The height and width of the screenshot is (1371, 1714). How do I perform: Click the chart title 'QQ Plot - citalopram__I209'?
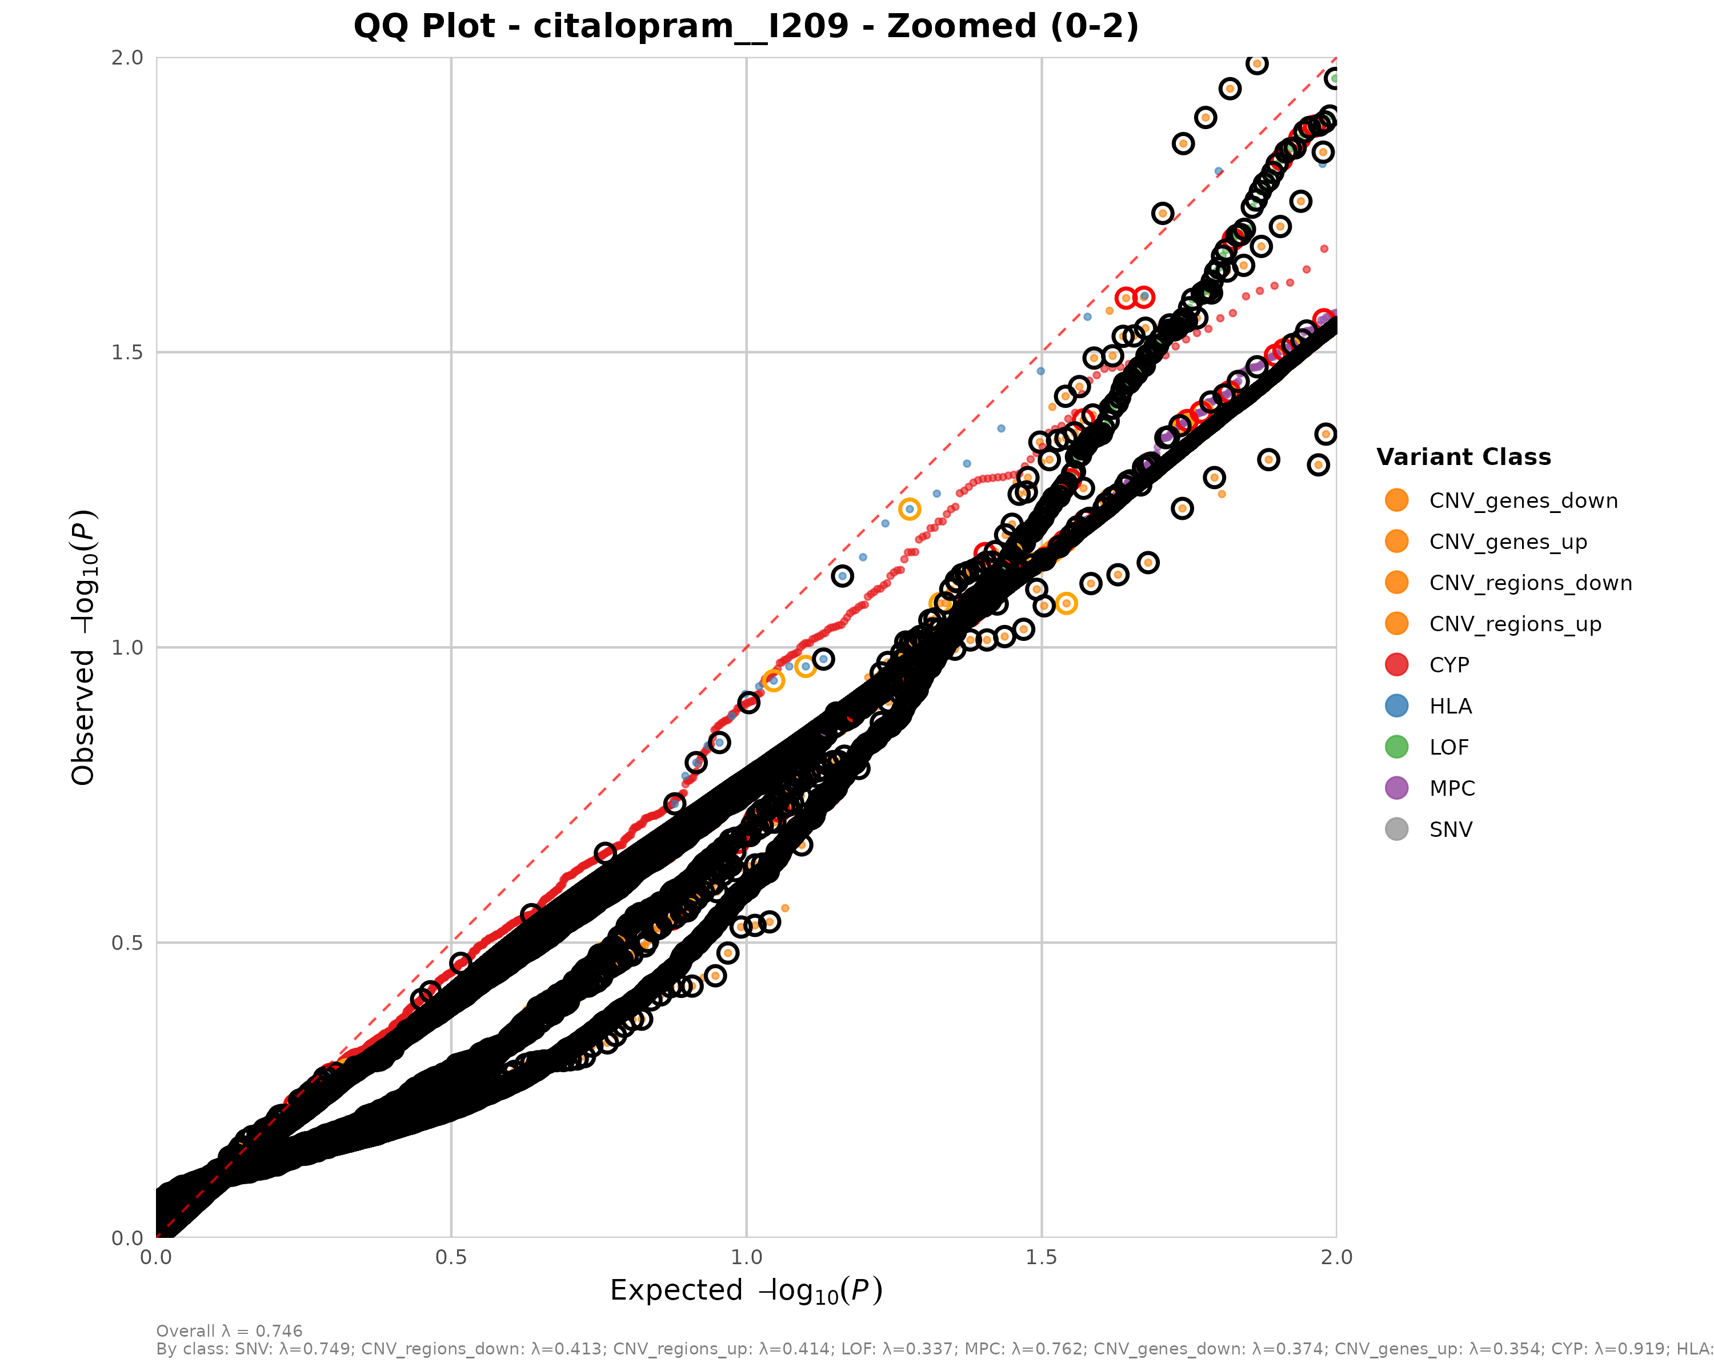(x=746, y=26)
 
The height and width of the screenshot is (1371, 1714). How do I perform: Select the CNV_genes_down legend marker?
(x=1396, y=500)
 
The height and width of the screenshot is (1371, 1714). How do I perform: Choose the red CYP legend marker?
(x=1396, y=664)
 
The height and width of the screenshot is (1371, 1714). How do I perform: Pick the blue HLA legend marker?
(x=1396, y=705)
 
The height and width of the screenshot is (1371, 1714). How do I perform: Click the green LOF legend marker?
(x=1396, y=747)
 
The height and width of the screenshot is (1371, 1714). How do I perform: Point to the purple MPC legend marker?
(x=1396, y=788)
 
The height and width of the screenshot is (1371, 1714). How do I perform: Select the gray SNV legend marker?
(x=1396, y=829)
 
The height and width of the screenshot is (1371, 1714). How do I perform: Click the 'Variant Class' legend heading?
(x=1463, y=457)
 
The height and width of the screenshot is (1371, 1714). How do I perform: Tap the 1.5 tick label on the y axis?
(x=127, y=352)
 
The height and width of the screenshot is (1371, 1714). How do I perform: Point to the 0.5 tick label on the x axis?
(x=451, y=1257)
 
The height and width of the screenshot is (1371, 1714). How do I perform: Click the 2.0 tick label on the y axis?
(x=127, y=57)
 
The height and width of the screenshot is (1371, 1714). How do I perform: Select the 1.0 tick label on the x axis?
(x=746, y=1257)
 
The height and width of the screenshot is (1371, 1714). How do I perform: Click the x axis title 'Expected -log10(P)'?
(x=746, y=1290)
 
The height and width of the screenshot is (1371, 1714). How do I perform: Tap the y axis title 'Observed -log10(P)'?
(x=83, y=647)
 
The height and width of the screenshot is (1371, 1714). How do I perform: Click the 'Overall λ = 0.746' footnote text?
(x=229, y=1331)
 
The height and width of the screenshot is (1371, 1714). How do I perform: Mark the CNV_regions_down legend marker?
(x=1396, y=583)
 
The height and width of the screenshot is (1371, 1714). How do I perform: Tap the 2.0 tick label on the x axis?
(x=1336, y=1257)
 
